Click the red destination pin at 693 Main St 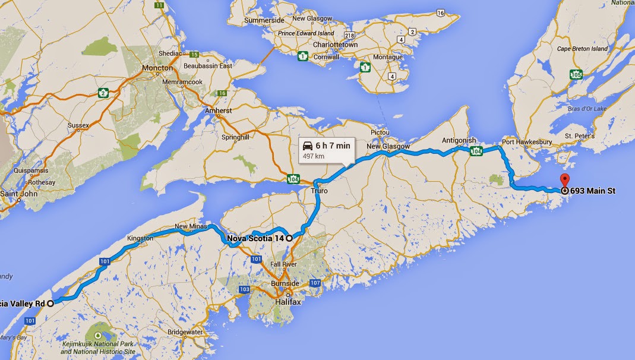(564, 181)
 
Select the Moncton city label (157, 68)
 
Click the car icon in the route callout (307, 145)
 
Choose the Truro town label (319, 191)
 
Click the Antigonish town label (459, 141)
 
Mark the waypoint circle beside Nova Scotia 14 (289, 238)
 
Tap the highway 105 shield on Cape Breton (574, 74)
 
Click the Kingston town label (140, 238)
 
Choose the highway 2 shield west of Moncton (105, 93)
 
